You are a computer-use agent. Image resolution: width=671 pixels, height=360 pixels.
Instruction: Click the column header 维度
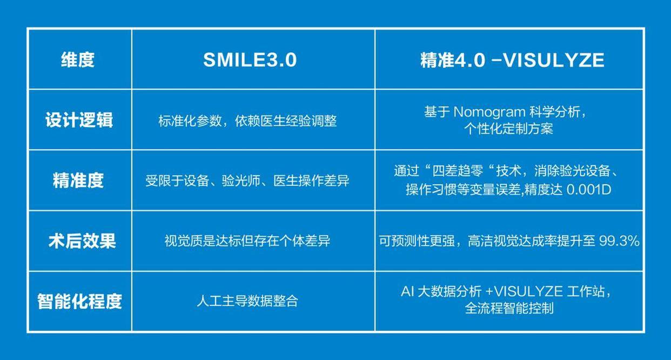[78, 59]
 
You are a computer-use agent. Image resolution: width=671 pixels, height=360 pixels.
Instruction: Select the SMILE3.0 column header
[250, 59]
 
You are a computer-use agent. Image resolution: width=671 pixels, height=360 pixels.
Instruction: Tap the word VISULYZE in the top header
[554, 60]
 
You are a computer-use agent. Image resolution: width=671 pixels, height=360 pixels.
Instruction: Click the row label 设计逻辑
[79, 120]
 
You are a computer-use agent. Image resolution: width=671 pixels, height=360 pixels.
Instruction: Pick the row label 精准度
[78, 181]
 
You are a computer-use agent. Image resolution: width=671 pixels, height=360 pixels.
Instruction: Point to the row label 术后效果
[82, 241]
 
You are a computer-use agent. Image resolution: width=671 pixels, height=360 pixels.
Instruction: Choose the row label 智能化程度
[79, 301]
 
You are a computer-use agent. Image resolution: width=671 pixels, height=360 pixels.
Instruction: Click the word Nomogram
[489, 112]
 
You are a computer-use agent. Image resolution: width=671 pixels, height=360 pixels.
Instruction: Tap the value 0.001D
[589, 190]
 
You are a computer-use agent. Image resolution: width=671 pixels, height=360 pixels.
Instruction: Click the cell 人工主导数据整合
[247, 301]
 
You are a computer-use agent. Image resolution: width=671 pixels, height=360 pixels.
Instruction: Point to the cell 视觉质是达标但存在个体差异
[247, 241]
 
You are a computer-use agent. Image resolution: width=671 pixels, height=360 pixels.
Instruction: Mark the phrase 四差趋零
[458, 171]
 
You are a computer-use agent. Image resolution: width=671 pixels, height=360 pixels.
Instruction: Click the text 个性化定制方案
[508, 129]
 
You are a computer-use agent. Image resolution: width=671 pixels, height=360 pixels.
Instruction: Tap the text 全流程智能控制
[509, 309]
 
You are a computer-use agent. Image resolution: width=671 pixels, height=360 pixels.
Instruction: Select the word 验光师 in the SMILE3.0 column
[241, 181]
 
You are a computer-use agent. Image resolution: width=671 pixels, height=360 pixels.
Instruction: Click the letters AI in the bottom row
[407, 291]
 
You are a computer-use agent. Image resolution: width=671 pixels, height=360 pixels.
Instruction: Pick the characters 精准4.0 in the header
[453, 60]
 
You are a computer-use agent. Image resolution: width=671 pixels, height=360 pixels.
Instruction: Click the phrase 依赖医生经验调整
[286, 121]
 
